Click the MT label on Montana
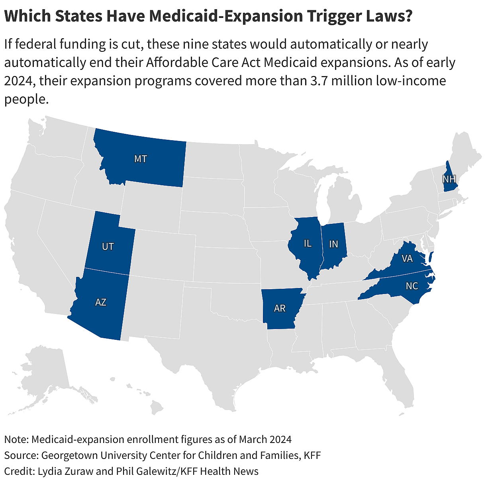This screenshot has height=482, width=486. point(140,159)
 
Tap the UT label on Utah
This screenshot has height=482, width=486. point(108,247)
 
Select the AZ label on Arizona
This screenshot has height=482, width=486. point(100,302)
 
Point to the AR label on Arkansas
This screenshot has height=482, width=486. point(280,308)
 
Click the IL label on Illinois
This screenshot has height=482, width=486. point(307,243)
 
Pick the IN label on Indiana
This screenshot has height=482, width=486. point(333,244)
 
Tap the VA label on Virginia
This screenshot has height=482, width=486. point(407,259)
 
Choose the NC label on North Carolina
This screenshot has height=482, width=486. point(412,286)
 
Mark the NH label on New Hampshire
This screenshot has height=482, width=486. point(449,179)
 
